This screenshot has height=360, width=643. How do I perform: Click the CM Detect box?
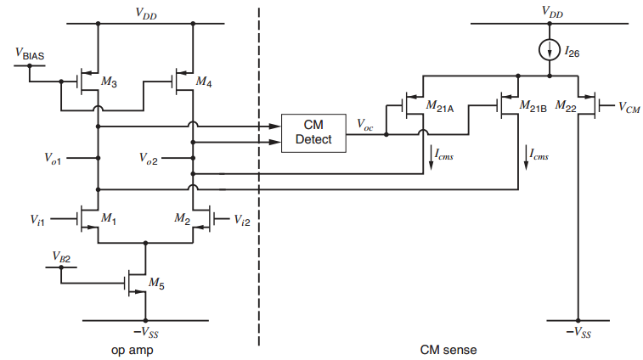(313, 132)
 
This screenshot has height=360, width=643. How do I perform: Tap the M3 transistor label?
(110, 82)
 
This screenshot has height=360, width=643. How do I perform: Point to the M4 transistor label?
(204, 82)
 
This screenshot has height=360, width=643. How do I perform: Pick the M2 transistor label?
(182, 218)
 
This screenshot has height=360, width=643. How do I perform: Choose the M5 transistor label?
(157, 282)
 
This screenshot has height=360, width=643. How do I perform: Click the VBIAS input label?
(30, 53)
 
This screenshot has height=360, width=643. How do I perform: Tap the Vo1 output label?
(54, 158)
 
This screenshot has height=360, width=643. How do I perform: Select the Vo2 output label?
(149, 158)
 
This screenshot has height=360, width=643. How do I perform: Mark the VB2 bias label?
(62, 256)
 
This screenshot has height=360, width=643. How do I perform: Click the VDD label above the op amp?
(146, 12)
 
